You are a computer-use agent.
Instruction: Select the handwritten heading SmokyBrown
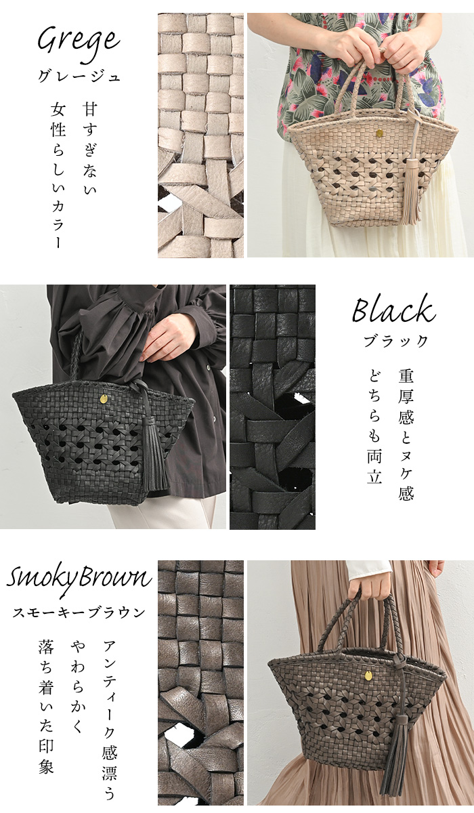79,578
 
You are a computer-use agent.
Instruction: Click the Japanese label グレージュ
79,77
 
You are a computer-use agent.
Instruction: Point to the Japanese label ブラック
395,341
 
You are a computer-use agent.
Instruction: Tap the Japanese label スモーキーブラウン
79,613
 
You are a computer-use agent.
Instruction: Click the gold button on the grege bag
379,133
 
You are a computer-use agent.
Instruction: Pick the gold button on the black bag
104,398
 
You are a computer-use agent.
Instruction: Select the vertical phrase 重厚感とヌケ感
406,434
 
